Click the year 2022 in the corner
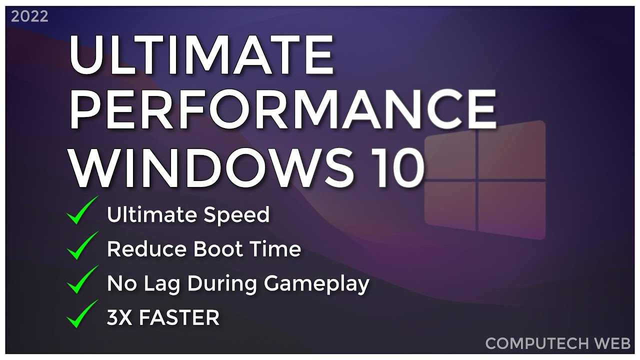click(x=29, y=16)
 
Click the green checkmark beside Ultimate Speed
click(x=82, y=211)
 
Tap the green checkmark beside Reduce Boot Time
click(x=82, y=245)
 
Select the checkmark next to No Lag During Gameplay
click(x=82, y=279)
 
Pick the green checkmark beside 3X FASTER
click(x=82, y=314)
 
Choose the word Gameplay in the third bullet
click(x=316, y=284)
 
